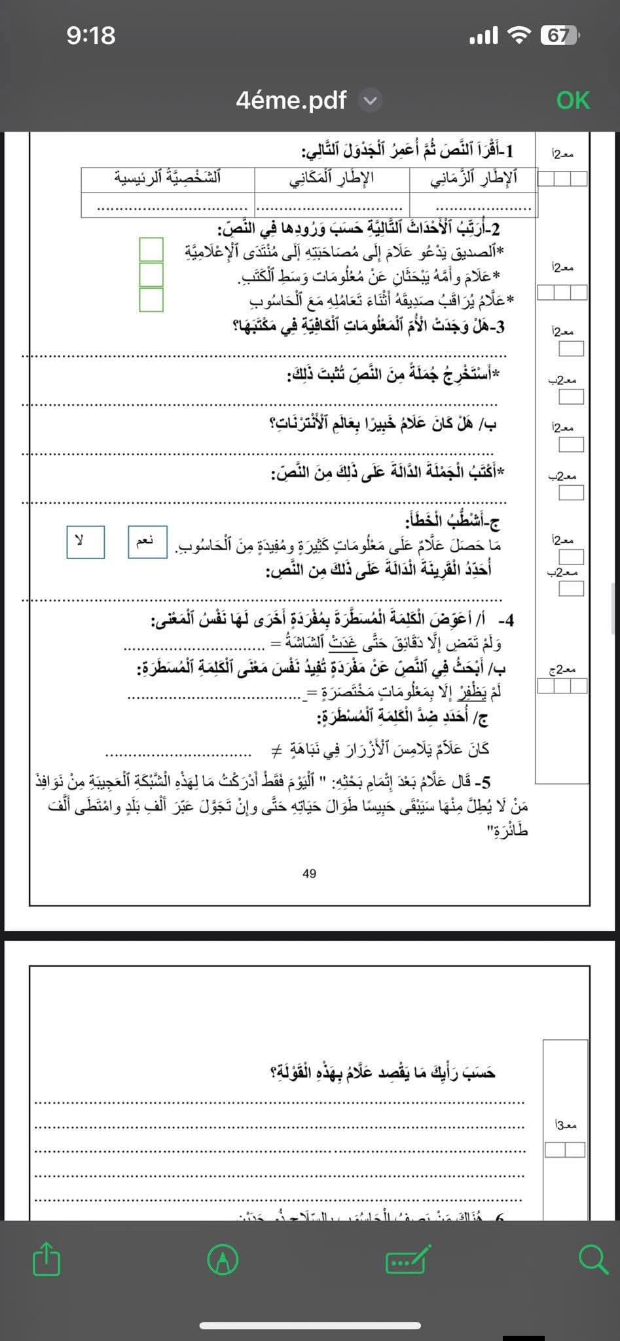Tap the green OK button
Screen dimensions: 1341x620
573,100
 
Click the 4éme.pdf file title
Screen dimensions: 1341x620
291,100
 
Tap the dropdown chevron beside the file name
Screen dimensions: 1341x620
371,101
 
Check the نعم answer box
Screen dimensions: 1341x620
147,542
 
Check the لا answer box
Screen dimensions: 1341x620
85,542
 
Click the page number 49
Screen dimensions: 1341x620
310,873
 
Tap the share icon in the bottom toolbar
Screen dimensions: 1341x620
46,1258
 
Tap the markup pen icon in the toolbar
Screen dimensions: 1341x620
223,1258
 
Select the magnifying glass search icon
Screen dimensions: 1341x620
593,1258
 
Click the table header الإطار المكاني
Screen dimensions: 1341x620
332,178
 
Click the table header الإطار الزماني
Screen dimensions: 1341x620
473,178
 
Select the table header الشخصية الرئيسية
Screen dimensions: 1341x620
168,178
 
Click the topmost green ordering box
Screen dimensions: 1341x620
151,249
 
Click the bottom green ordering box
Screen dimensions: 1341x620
151,299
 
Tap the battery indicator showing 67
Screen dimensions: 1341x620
559,35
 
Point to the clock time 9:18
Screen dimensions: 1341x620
91,35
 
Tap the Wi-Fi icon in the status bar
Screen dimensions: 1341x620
519,35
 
